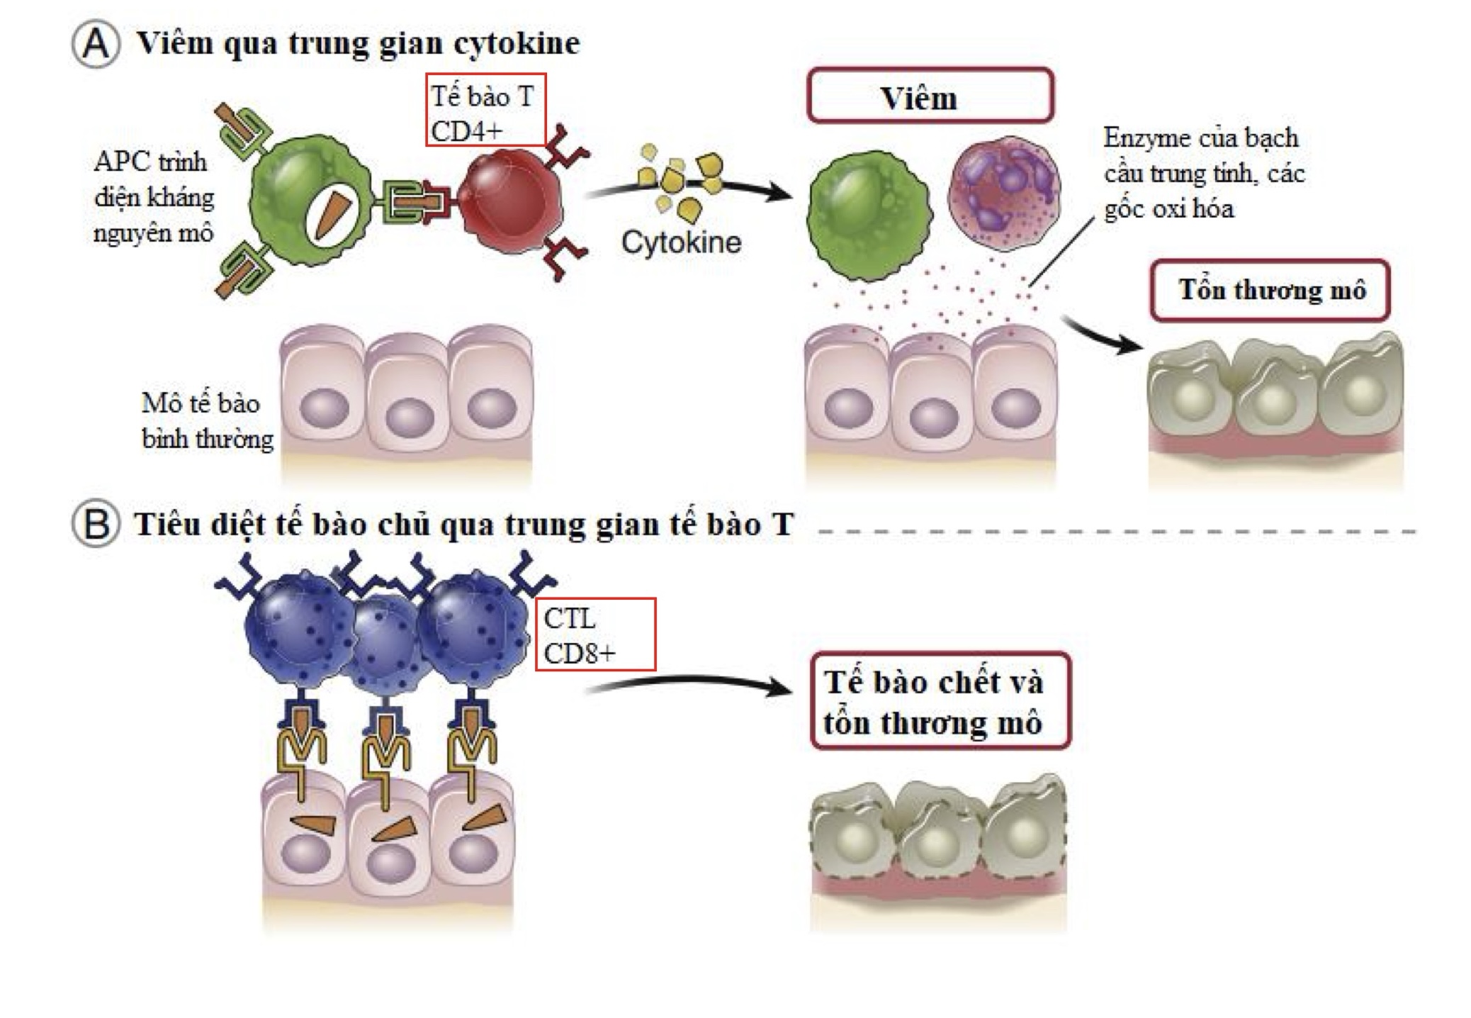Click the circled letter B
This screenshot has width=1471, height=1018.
[x=96, y=525]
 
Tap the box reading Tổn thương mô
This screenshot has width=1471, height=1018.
[x=1269, y=290]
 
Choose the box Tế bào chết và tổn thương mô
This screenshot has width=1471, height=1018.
[x=939, y=701]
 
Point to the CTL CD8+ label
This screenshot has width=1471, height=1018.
[x=594, y=634]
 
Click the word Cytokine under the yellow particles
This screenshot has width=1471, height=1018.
[x=681, y=242]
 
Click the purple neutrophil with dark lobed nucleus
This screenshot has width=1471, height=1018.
[x=1003, y=193]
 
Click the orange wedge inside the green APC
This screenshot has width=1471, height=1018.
[x=332, y=213]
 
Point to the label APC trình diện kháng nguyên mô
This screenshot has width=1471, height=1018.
[x=153, y=197]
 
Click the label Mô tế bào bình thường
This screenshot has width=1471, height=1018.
[x=205, y=421]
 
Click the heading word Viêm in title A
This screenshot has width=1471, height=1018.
[x=174, y=44]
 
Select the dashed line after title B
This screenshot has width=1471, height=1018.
[x=1116, y=531]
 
